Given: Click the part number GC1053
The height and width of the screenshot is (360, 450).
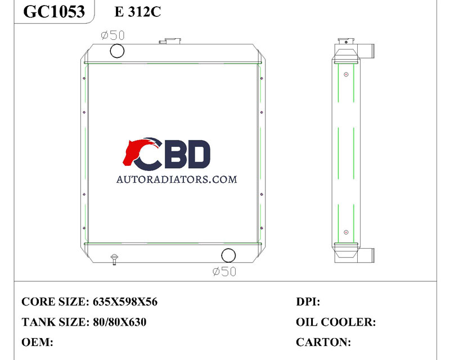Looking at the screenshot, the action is click(54, 11).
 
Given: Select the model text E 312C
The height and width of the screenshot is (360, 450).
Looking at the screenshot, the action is click(138, 12).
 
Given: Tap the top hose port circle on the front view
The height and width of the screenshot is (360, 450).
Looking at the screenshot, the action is click(117, 51).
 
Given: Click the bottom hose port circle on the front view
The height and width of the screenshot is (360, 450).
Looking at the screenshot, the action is click(228, 255).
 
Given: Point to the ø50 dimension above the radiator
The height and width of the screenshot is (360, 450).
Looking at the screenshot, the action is click(113, 35).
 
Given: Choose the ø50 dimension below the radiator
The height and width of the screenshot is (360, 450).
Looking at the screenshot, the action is click(224, 271).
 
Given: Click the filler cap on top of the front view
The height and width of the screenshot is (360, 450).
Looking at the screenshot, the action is click(170, 40).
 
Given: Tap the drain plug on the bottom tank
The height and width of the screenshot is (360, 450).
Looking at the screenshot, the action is click(115, 259).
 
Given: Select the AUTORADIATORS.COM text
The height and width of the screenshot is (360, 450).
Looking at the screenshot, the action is click(177, 179).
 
